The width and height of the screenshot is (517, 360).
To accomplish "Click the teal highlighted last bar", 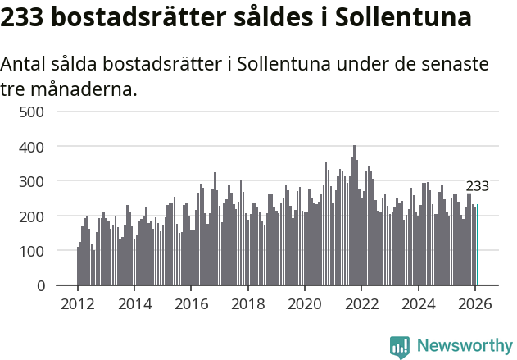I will (x=478, y=245).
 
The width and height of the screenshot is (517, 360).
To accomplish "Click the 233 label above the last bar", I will (x=477, y=186).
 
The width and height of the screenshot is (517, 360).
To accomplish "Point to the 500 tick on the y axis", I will (x=31, y=112).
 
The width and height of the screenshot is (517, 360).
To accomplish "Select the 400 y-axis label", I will (x=31, y=147).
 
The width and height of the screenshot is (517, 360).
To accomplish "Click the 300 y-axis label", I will (x=31, y=181).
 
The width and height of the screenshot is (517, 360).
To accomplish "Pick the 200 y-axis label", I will (x=31, y=216).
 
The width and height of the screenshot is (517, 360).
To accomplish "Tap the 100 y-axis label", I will (x=31, y=251).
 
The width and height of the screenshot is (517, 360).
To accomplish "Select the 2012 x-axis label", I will (x=78, y=303).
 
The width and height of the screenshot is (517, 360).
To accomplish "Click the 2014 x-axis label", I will (x=134, y=303).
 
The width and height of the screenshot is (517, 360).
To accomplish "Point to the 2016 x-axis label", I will (x=191, y=303).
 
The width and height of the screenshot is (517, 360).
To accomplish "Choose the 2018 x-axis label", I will (x=248, y=303).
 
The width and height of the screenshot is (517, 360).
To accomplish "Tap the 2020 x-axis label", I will (x=305, y=303).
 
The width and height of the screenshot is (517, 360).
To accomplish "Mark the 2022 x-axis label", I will (x=361, y=303).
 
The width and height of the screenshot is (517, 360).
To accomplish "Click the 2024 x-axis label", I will (x=419, y=303).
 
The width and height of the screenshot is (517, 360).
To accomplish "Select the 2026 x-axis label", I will (x=475, y=303).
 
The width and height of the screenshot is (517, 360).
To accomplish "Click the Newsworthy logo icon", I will (x=400, y=347).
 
